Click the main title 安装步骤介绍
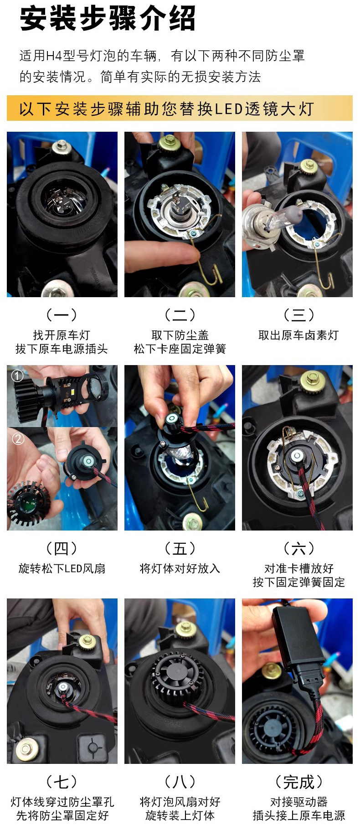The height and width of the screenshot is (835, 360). (x=108, y=19)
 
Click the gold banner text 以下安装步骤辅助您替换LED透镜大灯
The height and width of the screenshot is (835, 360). (x=166, y=109)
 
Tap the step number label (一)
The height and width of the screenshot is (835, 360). (x=62, y=314)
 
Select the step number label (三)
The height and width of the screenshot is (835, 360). (x=298, y=314)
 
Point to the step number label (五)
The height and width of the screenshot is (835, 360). (x=180, y=548)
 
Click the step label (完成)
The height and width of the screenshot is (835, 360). (x=298, y=782)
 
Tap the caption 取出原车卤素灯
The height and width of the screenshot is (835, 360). (x=298, y=335)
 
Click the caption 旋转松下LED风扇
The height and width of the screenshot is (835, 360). (x=62, y=569)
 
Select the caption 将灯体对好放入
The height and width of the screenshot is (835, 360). (x=180, y=569)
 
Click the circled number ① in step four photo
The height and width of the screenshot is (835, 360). (x=17, y=376)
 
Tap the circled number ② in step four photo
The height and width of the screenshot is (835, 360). (x=17, y=439)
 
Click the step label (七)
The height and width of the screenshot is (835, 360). (x=62, y=782)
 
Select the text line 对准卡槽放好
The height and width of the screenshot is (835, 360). (x=298, y=569)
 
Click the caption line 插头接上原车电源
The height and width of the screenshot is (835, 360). (x=298, y=816)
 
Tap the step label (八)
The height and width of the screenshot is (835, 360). (x=180, y=782)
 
